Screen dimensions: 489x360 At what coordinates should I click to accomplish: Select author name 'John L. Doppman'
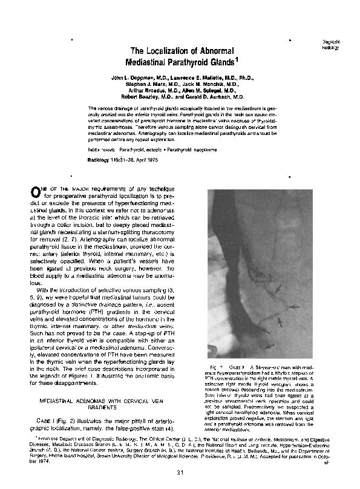tap(134, 79)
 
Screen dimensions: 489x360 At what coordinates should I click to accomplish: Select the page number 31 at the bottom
tap(180, 473)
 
